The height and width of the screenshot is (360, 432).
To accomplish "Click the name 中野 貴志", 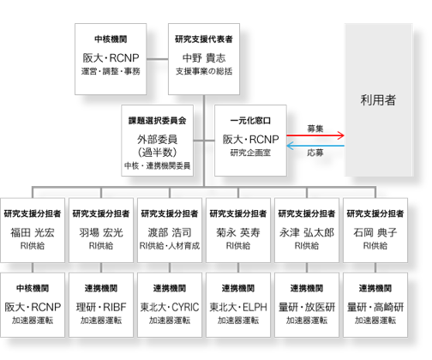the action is click(x=204, y=58).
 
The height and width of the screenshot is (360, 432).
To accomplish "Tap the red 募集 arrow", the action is click(x=315, y=135).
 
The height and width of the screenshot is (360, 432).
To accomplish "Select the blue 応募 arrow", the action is click(x=315, y=146).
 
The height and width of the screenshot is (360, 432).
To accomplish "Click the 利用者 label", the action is click(x=378, y=100).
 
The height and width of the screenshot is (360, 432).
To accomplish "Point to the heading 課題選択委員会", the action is click(x=158, y=121).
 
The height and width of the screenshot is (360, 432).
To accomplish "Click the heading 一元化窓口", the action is click(x=250, y=121).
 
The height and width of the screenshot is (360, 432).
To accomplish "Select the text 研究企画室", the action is click(x=250, y=153).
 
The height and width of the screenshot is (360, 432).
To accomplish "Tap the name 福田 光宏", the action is click(x=33, y=232).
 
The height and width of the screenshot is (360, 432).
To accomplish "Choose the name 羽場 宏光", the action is click(x=101, y=232).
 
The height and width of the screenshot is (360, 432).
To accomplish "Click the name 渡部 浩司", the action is click(x=170, y=232).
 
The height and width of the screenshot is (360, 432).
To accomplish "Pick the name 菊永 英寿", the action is click(x=238, y=232).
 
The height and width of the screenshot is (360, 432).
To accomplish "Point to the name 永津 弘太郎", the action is click(x=307, y=232).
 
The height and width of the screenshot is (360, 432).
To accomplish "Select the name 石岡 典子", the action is click(x=375, y=232).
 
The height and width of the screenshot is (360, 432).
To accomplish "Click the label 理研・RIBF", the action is click(x=101, y=307).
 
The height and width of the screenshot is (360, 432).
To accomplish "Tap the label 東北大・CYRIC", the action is click(x=170, y=307).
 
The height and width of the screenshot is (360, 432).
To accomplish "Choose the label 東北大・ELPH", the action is click(x=238, y=307).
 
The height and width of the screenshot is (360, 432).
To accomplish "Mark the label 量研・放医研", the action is click(x=307, y=307).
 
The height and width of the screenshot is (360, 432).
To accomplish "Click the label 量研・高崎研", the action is click(x=375, y=307).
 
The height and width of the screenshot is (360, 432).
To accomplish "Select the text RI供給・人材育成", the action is click(x=170, y=246).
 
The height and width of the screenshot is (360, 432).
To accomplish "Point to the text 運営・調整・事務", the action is click(x=111, y=71).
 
